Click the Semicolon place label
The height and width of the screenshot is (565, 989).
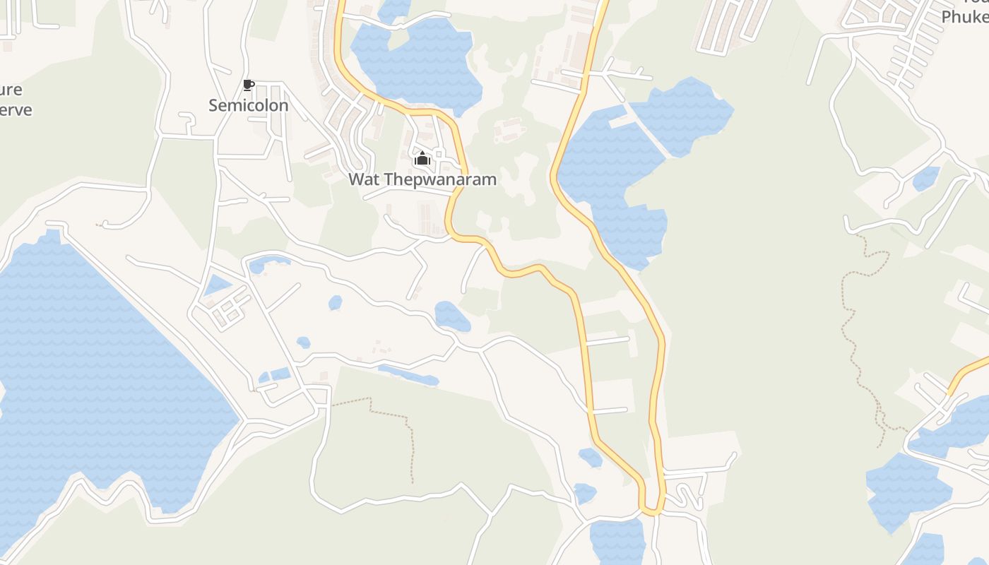(x=248, y=105)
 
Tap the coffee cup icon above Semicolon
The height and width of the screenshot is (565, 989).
(x=248, y=85)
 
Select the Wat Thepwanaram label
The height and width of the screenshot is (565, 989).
(x=422, y=179)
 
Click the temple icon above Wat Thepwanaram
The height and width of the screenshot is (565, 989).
(x=422, y=158)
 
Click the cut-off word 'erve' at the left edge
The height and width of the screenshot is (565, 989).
(x=16, y=110)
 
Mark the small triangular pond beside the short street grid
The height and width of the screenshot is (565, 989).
(x=217, y=285)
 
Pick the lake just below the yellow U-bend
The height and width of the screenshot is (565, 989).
(x=616, y=540)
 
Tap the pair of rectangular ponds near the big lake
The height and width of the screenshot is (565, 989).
(x=275, y=375)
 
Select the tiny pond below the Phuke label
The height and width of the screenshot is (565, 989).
(x=925, y=179)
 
